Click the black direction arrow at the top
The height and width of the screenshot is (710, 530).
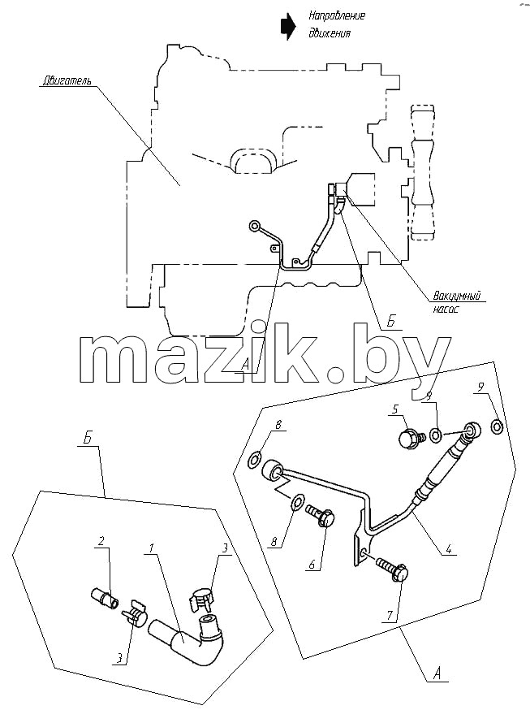[287, 26]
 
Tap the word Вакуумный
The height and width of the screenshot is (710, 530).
[456, 297]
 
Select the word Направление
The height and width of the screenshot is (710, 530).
[337, 16]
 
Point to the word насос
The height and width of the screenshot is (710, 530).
[446, 310]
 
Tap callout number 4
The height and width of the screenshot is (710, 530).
[448, 550]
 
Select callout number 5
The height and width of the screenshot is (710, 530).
[395, 409]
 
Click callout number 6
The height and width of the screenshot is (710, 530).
[311, 565]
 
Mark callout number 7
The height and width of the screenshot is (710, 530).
[390, 616]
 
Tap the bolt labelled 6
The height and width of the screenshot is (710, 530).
[321, 516]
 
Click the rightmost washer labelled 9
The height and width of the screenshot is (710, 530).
[498, 426]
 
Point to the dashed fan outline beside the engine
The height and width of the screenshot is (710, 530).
[422, 172]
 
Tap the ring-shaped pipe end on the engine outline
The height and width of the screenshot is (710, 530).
[255, 226]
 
